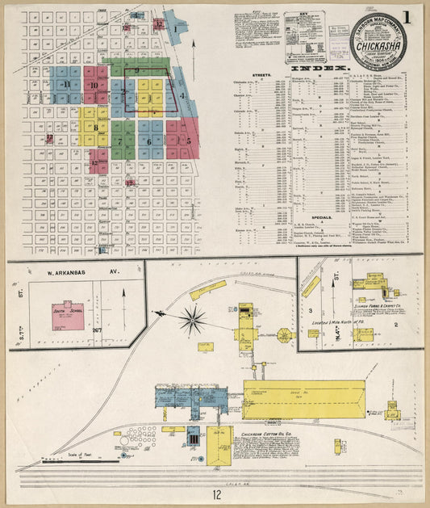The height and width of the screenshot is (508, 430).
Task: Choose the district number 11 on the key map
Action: tap(67, 84)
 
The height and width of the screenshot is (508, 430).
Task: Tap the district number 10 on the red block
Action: tap(94, 84)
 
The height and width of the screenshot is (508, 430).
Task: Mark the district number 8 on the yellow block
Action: tap(96, 127)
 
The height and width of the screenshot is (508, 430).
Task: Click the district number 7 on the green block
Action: tap(121, 142)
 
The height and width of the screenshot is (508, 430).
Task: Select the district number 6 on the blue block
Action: tap(150, 143)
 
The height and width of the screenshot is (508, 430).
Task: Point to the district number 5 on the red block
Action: tap(187, 141)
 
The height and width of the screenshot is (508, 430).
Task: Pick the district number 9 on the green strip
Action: tap(137, 71)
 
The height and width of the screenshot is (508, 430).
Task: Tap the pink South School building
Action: tap(68, 316)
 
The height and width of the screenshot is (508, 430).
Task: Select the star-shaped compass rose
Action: tap(192, 320)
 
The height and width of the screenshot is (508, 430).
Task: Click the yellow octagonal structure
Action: tap(285, 335)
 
